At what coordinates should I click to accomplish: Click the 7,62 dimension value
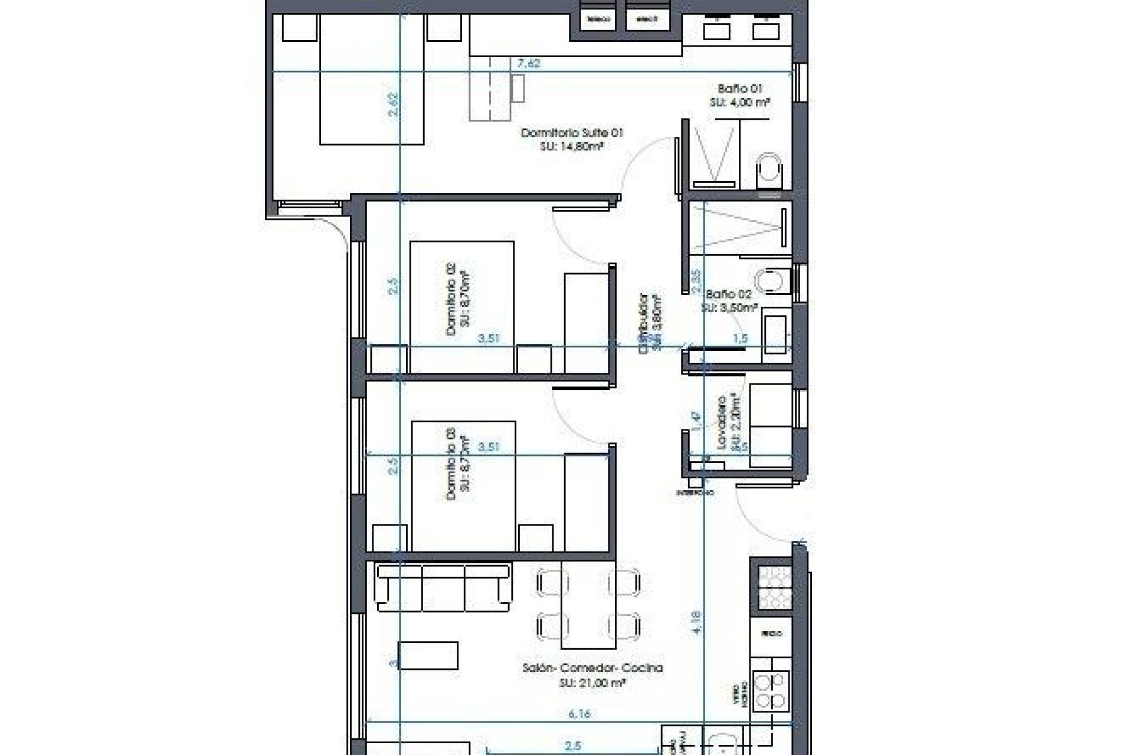click(x=529, y=63)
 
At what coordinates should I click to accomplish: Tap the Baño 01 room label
click(x=740, y=89)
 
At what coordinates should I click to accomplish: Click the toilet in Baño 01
click(x=769, y=169)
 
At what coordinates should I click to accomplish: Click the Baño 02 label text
click(x=729, y=294)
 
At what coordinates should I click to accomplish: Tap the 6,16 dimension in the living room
click(x=579, y=714)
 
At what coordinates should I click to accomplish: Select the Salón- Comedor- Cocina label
click(x=592, y=668)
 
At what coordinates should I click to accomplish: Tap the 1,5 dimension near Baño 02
click(x=740, y=339)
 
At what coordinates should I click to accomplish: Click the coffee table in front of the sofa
click(x=428, y=655)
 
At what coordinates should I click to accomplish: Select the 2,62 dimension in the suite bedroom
click(x=394, y=104)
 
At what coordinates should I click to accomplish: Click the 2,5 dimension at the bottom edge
click(x=572, y=746)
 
